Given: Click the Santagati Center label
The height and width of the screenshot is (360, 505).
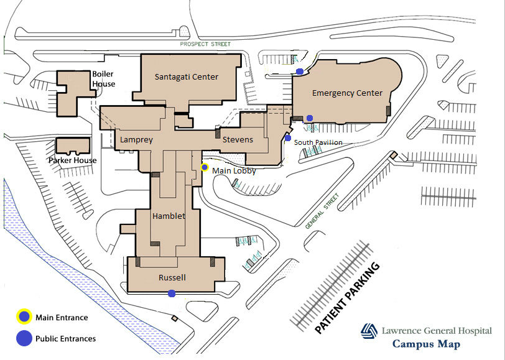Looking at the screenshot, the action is (x=187, y=77).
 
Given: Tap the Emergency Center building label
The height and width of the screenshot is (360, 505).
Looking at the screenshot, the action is (x=347, y=93).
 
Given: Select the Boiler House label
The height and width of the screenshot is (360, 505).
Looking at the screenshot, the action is (x=103, y=79).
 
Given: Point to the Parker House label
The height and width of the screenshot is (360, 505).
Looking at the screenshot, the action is (x=73, y=160).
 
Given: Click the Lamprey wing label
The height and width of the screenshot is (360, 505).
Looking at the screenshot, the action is (x=136, y=140).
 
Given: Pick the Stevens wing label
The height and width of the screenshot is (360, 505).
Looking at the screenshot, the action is (x=238, y=140).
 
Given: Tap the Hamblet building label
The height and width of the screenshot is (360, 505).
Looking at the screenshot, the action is (x=169, y=216).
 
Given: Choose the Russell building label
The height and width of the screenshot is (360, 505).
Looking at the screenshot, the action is (x=172, y=277).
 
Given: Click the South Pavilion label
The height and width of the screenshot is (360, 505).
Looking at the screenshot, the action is (x=318, y=142).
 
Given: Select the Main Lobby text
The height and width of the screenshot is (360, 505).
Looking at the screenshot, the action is (x=234, y=170).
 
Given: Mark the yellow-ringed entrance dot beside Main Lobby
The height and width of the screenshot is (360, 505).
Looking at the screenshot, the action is (x=205, y=167).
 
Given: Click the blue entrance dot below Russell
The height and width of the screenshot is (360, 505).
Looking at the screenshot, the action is (x=172, y=293).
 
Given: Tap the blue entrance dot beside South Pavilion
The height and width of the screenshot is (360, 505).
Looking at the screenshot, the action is (x=288, y=138).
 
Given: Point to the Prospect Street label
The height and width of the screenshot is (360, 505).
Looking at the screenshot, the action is (x=205, y=44).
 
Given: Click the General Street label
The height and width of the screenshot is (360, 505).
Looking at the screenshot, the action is (x=322, y=211).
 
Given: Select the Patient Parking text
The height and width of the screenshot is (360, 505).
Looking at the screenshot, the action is (x=347, y=298).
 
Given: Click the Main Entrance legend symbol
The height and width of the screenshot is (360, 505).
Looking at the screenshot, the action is (x=24, y=317).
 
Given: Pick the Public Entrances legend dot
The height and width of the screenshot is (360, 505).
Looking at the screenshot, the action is (x=24, y=338).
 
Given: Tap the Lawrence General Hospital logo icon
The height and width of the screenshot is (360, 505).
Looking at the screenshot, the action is (x=369, y=331).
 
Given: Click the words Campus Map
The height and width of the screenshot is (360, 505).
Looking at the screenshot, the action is (x=426, y=344).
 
